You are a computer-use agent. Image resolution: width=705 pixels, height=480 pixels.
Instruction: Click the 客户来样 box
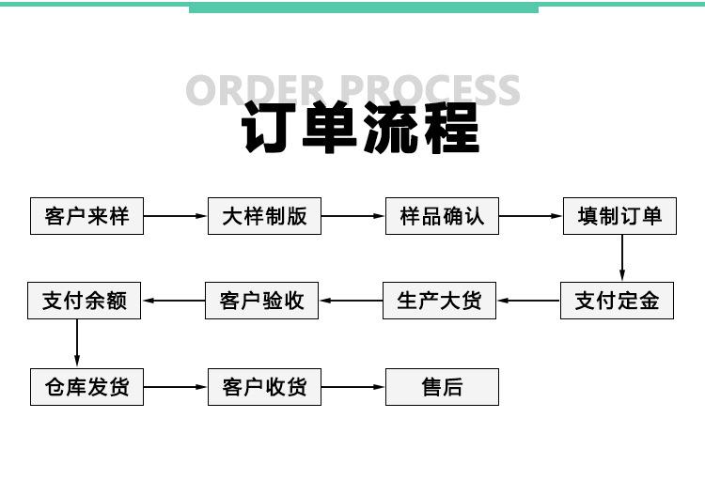point(86,216)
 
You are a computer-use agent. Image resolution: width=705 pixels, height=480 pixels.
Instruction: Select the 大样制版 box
point(264,216)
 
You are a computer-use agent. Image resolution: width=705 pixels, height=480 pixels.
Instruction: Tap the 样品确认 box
point(442,216)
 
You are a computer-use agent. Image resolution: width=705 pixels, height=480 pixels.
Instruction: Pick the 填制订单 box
point(619,216)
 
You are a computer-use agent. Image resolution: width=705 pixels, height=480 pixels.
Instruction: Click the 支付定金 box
point(617,301)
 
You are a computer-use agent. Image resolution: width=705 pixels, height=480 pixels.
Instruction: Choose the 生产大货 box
point(439,301)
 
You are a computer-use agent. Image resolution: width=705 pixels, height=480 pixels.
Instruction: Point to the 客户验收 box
point(261,301)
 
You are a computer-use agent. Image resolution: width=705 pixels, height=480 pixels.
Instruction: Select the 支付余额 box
point(84,301)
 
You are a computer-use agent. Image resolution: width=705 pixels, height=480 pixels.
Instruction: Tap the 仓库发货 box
point(86,387)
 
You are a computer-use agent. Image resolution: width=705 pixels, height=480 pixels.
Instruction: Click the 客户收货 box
point(264,387)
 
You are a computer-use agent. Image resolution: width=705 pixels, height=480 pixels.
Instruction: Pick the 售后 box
point(442,387)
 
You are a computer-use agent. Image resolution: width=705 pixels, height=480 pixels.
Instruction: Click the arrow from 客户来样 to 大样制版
point(176,216)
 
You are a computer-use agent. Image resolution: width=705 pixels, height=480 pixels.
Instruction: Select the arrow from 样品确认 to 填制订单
point(530,216)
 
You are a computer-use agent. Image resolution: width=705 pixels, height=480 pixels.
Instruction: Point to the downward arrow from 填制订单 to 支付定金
point(622,258)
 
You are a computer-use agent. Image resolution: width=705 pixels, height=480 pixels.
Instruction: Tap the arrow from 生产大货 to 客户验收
point(351,301)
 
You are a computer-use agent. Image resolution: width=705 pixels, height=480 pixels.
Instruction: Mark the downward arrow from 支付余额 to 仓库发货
point(77,344)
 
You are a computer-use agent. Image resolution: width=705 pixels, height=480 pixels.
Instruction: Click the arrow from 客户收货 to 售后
point(352,387)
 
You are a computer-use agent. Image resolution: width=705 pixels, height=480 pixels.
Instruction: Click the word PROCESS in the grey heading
point(430,90)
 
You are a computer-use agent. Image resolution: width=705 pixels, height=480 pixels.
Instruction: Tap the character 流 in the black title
point(390,127)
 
